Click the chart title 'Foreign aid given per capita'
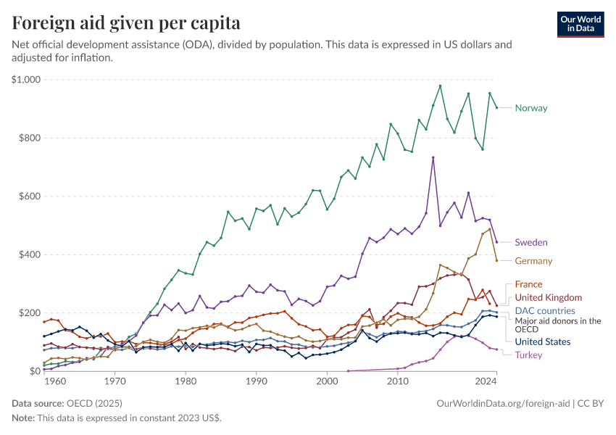[127, 22]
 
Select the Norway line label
[530, 108]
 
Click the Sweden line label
[530, 242]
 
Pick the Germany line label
[533, 261]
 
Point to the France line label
[528, 284]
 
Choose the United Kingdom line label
[548, 297]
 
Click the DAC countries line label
[544, 310]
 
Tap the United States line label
[542, 341]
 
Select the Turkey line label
[529, 355]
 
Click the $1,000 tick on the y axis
[26, 80]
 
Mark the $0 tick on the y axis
[33, 371]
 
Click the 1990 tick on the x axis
[256, 380]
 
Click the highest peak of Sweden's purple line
[433, 157]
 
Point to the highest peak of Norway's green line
[440, 86]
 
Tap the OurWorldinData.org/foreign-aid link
[503, 402]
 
